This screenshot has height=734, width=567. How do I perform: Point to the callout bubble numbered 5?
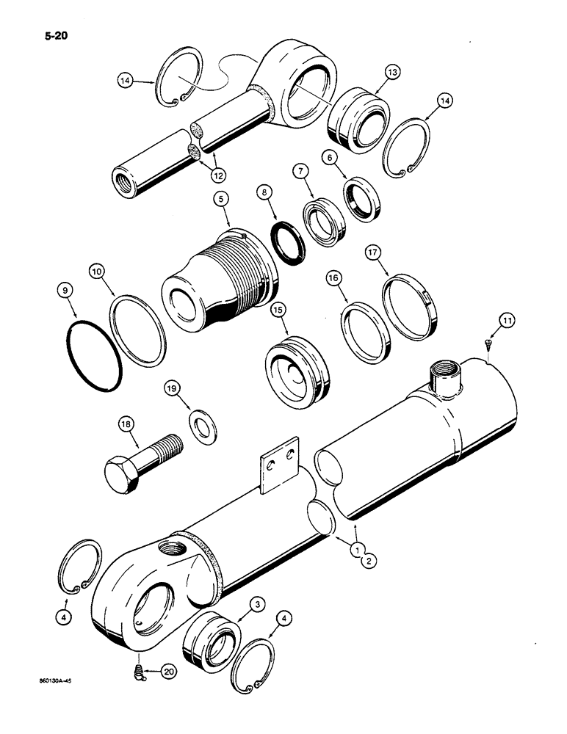pos(219,198)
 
